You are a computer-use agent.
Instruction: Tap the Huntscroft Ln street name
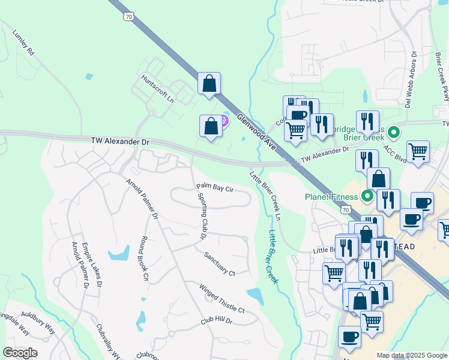click(x=157, y=88)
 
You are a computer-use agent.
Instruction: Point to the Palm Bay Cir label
click(x=214, y=188)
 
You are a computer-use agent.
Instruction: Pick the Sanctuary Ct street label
click(x=219, y=263)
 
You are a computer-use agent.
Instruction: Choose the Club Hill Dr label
click(x=216, y=321)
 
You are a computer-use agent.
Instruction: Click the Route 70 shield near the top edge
click(x=130, y=17)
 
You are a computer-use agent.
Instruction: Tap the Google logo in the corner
click(x=20, y=352)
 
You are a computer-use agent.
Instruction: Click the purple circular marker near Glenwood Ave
click(x=224, y=120)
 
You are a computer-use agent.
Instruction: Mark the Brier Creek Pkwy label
click(x=441, y=75)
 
